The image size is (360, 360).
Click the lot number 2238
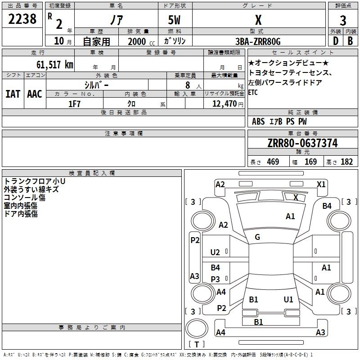point(22,20)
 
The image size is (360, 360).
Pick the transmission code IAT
point(13,94)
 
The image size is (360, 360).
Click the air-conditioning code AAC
point(35,94)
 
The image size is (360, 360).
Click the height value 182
point(347,162)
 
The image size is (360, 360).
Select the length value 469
point(273,162)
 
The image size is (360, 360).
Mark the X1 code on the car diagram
point(321,184)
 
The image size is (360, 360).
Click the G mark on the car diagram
point(257,237)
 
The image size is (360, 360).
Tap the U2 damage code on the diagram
point(215,252)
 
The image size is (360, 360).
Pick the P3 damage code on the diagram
point(216,279)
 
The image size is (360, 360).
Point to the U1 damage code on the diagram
point(288,299)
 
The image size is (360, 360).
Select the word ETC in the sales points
point(253,92)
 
